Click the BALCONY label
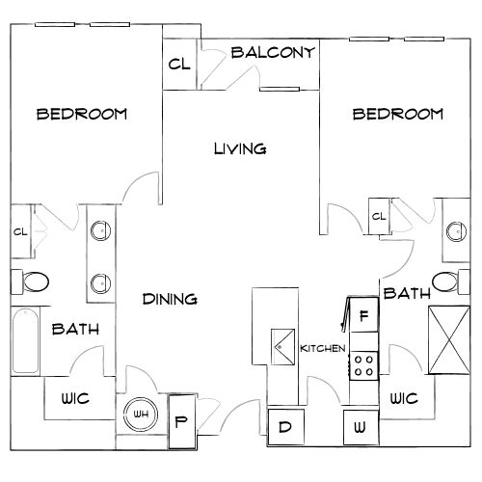click(x=273, y=52)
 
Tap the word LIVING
click(x=240, y=148)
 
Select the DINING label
click(x=170, y=299)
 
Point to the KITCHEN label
click(x=323, y=348)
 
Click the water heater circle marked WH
click(x=141, y=415)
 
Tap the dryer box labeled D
click(x=285, y=427)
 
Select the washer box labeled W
click(x=361, y=427)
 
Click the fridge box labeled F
click(x=363, y=315)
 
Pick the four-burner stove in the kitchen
click(x=363, y=366)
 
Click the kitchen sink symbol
click(x=282, y=347)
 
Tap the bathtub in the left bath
click(x=25, y=340)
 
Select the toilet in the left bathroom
click(x=30, y=282)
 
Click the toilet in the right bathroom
click(x=451, y=281)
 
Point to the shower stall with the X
click(x=449, y=340)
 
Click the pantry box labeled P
click(x=181, y=421)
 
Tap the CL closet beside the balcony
click(x=179, y=64)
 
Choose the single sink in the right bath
click(x=457, y=231)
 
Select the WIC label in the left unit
click(x=75, y=399)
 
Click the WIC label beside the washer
click(x=404, y=399)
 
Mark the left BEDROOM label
click(x=82, y=115)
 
